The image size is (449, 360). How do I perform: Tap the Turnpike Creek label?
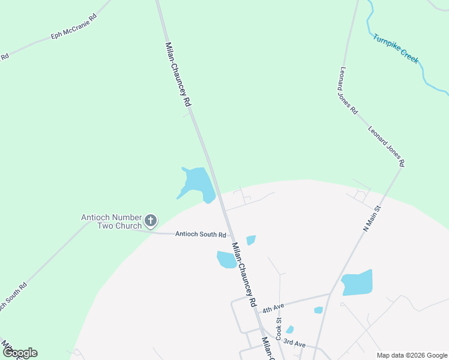coord(396,49)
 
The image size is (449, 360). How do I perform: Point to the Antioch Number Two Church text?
coord(112,221)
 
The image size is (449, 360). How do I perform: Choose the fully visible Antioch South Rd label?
coord(200,235)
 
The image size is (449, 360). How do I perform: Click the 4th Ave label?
coord(273,308)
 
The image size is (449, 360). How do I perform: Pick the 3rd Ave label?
coord(294,343)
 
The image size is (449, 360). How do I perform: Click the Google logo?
coord(19,353)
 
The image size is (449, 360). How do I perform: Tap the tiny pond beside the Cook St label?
coord(290,329)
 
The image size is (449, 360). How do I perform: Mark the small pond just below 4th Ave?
coord(318,310)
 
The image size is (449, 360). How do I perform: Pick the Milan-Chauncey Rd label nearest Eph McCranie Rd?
coord(178,75)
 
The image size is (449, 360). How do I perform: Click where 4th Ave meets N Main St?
coord(330,294)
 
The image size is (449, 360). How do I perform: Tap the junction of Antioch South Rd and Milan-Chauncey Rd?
coord(228,235)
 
